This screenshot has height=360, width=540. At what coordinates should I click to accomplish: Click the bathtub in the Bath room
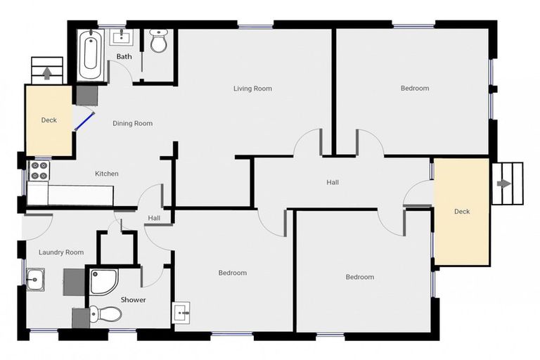(90, 54)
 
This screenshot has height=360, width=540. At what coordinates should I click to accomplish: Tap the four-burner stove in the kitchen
(37, 170)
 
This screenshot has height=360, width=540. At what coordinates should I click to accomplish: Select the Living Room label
(252, 89)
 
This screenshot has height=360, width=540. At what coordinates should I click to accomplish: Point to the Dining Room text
(133, 124)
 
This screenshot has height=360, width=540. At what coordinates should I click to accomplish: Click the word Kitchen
(107, 174)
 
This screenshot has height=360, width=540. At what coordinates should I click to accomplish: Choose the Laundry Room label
(61, 252)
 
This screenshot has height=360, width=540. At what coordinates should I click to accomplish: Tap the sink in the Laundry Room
(34, 279)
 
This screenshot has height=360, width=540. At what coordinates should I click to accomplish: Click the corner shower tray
(103, 281)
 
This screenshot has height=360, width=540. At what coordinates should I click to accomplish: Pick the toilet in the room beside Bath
(159, 42)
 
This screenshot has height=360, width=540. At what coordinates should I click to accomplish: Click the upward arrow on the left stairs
(47, 72)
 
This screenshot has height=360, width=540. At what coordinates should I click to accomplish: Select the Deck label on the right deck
(461, 212)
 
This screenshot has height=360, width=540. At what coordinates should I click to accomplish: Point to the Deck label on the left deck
(49, 120)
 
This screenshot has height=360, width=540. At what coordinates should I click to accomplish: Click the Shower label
(133, 300)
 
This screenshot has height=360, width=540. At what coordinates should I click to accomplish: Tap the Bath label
(124, 56)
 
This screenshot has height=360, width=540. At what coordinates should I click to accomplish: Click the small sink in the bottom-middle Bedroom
(181, 310)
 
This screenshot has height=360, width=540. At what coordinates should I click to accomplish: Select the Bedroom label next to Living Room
(414, 89)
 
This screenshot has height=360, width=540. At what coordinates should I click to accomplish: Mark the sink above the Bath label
(124, 36)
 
